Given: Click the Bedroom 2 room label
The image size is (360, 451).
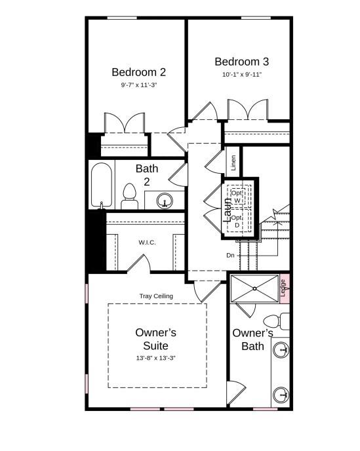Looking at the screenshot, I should pyautogui.click(x=138, y=72).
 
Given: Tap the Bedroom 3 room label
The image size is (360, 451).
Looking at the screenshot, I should pyautogui.click(x=241, y=62).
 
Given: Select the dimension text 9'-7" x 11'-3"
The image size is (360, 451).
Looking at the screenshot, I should pyautogui.click(x=138, y=85).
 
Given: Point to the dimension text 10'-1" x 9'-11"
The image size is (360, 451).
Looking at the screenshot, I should pyautogui.click(x=241, y=75).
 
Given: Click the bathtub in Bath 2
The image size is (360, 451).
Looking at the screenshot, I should pyautogui.click(x=102, y=186).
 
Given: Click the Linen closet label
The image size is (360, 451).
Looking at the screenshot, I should pyautogui.click(x=233, y=162).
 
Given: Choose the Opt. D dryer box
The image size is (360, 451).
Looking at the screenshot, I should pyautogui.click(x=237, y=221).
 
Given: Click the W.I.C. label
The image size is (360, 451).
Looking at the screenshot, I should pyautogui.click(x=147, y=243).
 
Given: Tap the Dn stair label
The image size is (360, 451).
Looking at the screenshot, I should pyautogui.click(x=231, y=255).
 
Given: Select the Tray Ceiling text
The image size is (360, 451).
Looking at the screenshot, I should pyautogui.click(x=156, y=296).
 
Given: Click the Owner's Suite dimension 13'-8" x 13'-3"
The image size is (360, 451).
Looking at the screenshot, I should pyautogui.click(x=156, y=358).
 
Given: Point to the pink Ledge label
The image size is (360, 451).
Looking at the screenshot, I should pyautogui.click(x=283, y=287).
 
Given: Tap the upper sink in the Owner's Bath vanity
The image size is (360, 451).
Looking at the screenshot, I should pyautogui.click(x=281, y=350).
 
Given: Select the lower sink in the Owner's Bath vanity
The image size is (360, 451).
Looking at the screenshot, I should pyautogui.click(x=281, y=393).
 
